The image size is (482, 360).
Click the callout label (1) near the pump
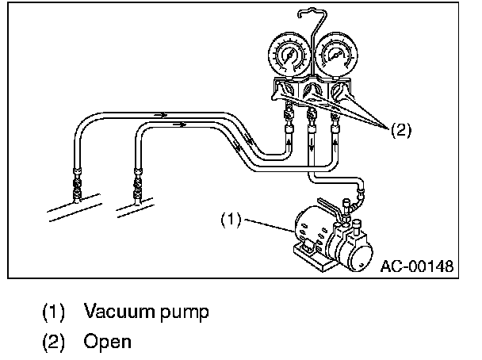pyautogui.click(x=229, y=217)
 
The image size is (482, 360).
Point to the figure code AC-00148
pyautogui.click(x=415, y=266)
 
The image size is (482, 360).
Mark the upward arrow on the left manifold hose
pyautogui.click(x=285, y=137)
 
